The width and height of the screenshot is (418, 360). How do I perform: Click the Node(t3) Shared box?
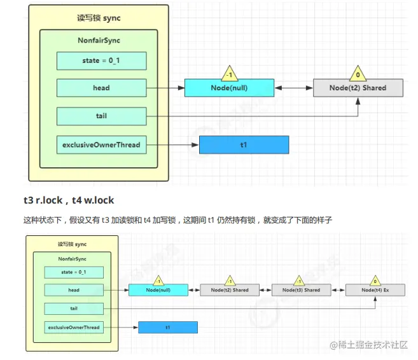pyautogui.click(x=302, y=290)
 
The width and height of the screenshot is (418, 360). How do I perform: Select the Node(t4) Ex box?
pyautogui.click(x=375, y=290)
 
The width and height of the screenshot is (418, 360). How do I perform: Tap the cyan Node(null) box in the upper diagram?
pyautogui.click(x=229, y=88)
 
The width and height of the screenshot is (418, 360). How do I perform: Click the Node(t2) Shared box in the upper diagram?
pyautogui.click(x=358, y=88)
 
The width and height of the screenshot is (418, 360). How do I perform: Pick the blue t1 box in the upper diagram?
pyautogui.click(x=244, y=145)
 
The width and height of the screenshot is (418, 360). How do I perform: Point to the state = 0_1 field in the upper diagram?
pyautogui.click(x=101, y=60)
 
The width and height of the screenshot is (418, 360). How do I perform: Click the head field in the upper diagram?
pyautogui.click(x=101, y=88)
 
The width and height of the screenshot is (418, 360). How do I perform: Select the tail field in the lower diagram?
pyautogui.click(x=74, y=308)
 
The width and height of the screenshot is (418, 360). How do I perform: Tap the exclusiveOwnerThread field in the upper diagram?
pyautogui.click(x=101, y=145)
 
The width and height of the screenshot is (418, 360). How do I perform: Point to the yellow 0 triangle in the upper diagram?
pyautogui.click(x=358, y=74)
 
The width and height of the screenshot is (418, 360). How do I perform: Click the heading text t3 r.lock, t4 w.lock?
pyautogui.click(x=69, y=200)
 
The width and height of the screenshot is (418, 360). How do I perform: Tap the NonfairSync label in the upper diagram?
pyautogui.click(x=99, y=41)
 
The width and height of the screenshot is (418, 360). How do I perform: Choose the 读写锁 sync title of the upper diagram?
pyautogui.click(x=99, y=18)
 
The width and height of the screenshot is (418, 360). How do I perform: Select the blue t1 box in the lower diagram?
pyautogui.click(x=167, y=328)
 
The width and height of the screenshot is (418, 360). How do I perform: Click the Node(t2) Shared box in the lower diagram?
pyautogui.click(x=228, y=290)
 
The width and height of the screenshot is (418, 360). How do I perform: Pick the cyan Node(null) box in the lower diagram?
pyautogui.click(x=158, y=290)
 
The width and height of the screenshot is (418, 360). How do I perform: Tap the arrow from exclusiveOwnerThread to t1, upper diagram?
pyautogui.click(x=172, y=145)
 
